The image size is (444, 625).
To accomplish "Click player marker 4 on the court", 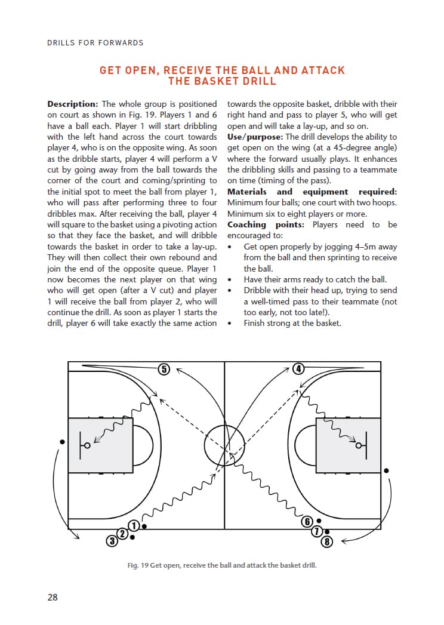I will pos(299,368).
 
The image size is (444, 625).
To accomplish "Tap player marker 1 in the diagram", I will pos(134,525).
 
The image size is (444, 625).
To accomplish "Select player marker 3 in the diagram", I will pos(112,541).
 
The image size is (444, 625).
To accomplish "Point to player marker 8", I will pos(326,541).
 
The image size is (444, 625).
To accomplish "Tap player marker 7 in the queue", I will pos(318,531).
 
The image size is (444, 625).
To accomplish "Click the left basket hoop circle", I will pos(88,445).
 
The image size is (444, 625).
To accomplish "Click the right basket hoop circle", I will pos(359,445).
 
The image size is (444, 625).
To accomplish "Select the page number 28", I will pos(53,597).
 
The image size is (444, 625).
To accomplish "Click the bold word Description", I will pos(72,104).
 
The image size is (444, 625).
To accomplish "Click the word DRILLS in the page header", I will pos(62,42).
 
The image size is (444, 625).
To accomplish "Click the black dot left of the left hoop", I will pos(62,442).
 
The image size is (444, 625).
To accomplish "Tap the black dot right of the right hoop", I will pos(387,470).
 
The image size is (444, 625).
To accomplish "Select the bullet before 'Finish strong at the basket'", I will pos(230,324).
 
